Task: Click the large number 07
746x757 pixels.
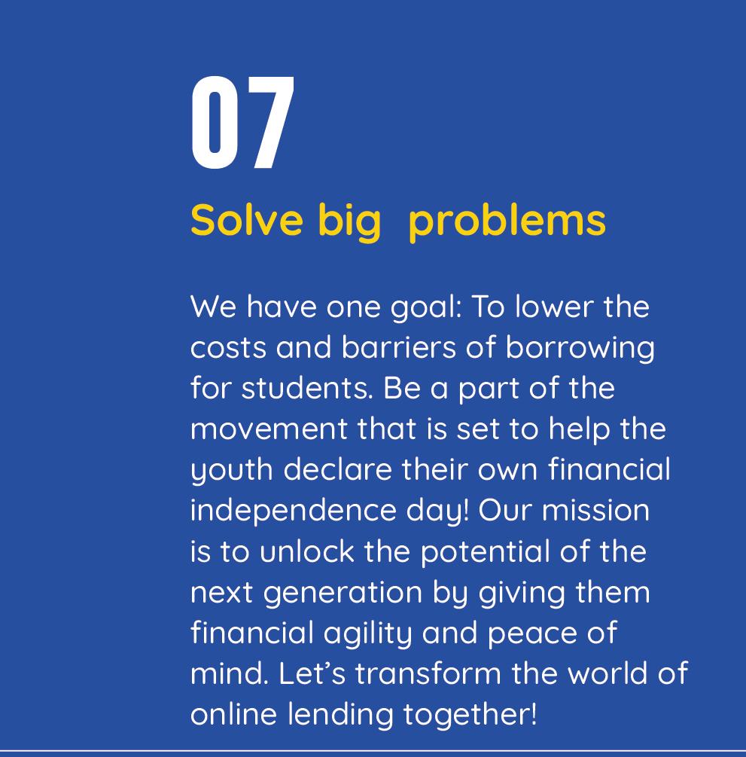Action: click(242, 123)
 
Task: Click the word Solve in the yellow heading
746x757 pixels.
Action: click(247, 220)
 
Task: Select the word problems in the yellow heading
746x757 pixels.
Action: click(507, 223)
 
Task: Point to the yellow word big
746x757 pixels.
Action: click(349, 222)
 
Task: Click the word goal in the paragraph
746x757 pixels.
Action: click(425, 309)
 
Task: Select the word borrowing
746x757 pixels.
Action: click(580, 349)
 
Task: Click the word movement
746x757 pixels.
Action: click(269, 429)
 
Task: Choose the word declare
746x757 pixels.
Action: click(337, 469)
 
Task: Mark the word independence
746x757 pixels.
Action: click(293, 511)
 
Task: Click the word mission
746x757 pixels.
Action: click(595, 510)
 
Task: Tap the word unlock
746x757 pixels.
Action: click(307, 551)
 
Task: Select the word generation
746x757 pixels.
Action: click(343, 594)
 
